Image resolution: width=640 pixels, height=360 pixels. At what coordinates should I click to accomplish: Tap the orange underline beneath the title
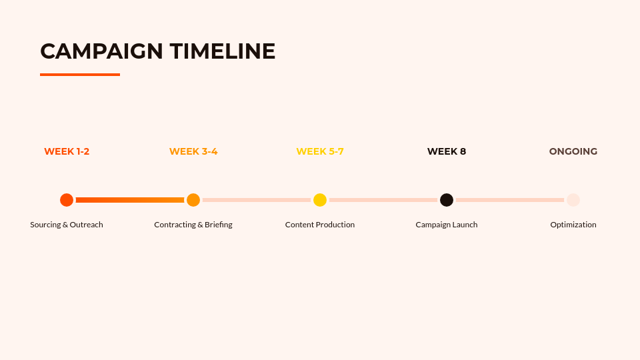coord(80,75)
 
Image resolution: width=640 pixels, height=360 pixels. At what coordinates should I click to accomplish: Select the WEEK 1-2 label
coord(67,151)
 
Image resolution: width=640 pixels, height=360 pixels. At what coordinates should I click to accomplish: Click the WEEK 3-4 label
coord(193,151)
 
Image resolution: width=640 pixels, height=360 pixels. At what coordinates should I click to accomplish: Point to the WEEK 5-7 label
coord(320,151)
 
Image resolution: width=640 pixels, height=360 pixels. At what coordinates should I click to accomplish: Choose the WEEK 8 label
coord(447,151)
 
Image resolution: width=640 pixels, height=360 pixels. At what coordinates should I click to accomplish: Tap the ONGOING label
coord(573,151)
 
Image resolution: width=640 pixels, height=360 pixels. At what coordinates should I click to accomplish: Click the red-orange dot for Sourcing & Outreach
coord(67,200)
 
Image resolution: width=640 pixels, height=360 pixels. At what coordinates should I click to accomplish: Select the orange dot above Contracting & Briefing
coord(193,200)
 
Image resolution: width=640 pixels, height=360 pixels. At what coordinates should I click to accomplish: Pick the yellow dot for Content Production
coord(320,200)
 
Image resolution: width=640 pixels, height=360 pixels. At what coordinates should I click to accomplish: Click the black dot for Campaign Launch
coord(447,200)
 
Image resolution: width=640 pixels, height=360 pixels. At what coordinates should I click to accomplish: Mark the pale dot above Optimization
coord(573,200)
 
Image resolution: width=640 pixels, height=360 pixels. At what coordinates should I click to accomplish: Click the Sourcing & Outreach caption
coord(67,225)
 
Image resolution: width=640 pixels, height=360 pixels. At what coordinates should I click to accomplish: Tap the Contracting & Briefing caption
coord(193,225)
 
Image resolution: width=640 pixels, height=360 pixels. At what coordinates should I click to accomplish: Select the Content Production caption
coord(320,225)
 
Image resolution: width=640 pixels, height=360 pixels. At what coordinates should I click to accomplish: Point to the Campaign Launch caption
coord(447,225)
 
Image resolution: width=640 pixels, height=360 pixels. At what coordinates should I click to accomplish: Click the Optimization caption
coord(573,225)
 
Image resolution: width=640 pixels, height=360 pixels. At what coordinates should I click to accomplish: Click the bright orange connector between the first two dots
coord(130,200)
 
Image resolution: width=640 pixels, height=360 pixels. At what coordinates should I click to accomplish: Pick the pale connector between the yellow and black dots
coord(383,200)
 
